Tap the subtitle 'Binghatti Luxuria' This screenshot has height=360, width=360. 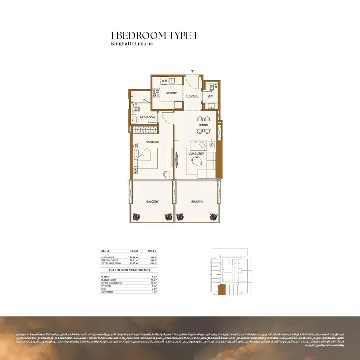(131, 44)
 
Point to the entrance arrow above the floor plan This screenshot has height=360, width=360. (193, 71)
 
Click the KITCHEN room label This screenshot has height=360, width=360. (171, 92)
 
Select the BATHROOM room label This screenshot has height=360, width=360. (147, 117)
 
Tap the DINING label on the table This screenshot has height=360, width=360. (204, 125)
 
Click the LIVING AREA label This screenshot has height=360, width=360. (196, 154)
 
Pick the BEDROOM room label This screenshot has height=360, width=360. (152, 142)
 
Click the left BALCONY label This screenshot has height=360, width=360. (152, 201)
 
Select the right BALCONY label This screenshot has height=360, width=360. (197, 201)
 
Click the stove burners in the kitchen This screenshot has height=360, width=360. (156, 92)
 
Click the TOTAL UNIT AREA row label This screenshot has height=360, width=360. (111, 263)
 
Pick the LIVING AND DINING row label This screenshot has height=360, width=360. (112, 282)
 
